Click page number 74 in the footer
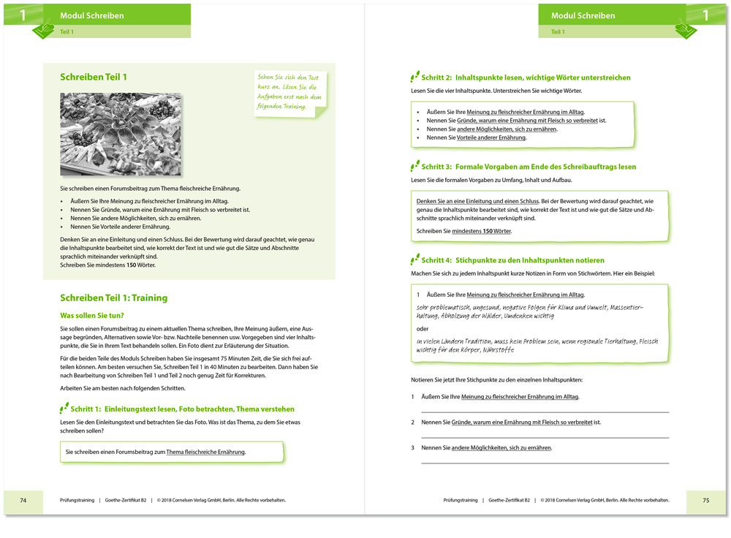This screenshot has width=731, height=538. [23, 500]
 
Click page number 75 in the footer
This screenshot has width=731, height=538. [705, 500]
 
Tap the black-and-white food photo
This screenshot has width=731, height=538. [121, 134]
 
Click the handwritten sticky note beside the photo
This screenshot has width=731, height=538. [289, 93]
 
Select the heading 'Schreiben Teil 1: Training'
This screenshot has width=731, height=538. [113, 298]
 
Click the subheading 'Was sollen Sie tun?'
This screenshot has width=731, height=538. [92, 315]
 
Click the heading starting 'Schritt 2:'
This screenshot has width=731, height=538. [526, 77]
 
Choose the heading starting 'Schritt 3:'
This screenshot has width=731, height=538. [529, 167]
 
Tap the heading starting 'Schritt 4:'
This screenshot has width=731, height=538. [513, 259]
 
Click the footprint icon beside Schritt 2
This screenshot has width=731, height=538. [414, 76]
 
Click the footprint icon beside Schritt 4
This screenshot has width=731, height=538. [414, 258]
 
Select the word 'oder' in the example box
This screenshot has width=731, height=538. [423, 328]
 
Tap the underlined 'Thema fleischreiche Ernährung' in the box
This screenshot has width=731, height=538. [205, 452]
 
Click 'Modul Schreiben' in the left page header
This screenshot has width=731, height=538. [92, 15]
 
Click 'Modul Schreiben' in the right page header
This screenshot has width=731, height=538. [583, 15]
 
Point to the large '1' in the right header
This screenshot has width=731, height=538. [705, 15]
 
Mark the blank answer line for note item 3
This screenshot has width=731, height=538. [545, 462]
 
